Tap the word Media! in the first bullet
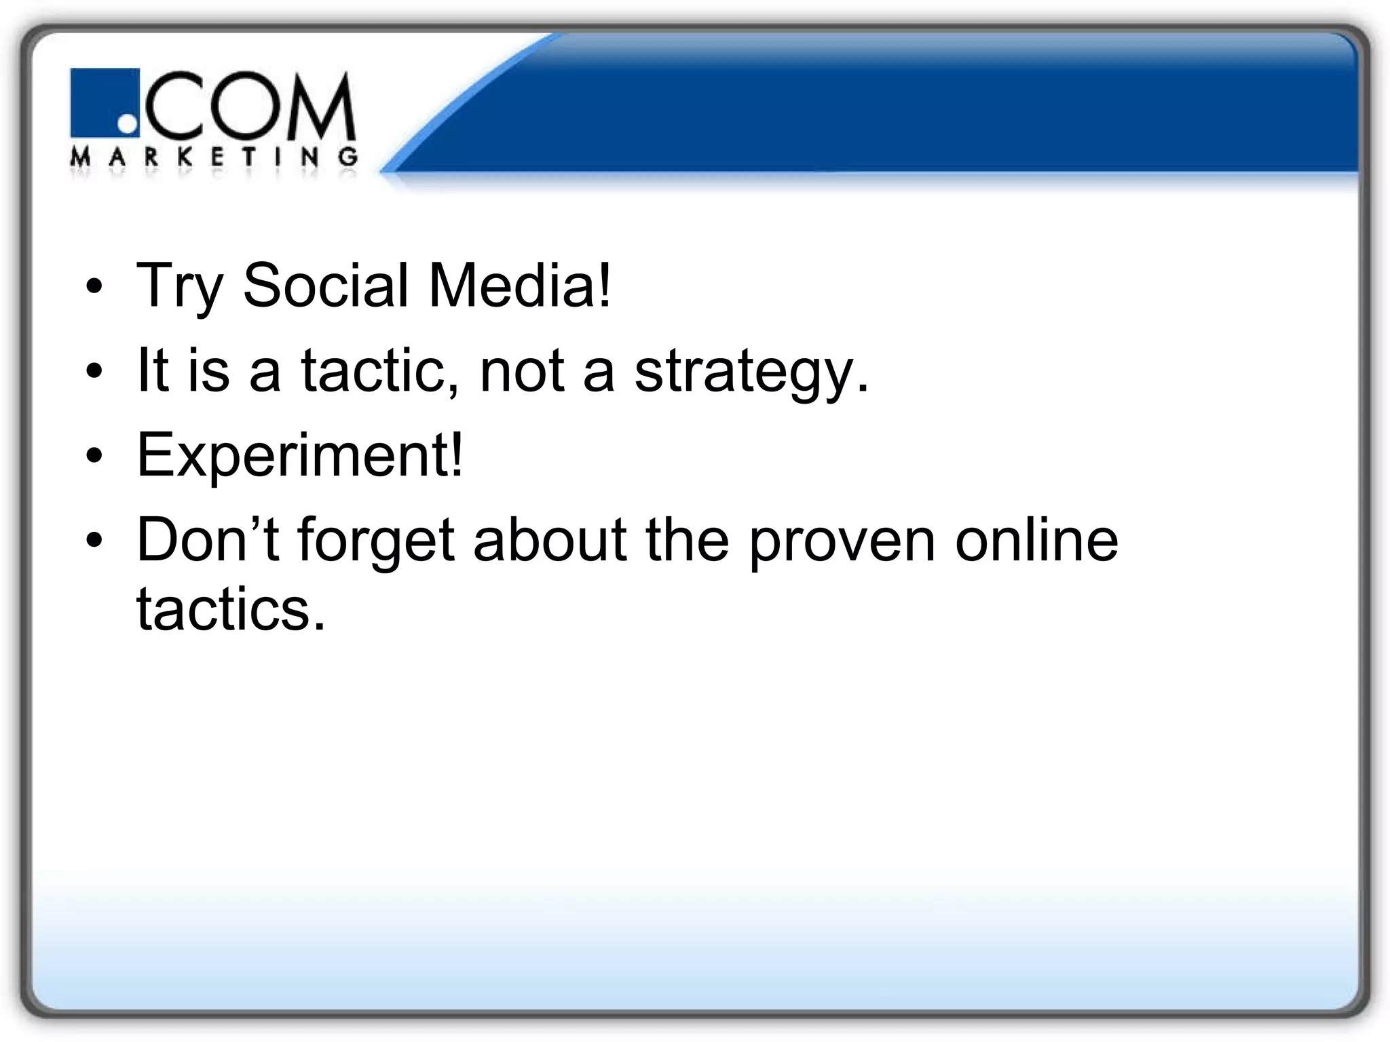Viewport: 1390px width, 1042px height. click(520, 285)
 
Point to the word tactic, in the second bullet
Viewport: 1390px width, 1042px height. click(380, 370)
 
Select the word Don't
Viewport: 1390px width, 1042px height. click(208, 540)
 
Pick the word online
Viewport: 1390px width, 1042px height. click(1036, 540)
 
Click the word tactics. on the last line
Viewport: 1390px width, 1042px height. click(231, 609)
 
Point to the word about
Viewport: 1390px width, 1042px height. click(550, 540)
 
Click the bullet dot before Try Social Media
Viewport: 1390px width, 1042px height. click(94, 287)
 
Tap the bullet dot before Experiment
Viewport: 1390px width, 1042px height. click(94, 457)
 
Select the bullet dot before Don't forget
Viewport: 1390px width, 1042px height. click(94, 541)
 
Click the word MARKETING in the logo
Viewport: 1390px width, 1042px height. click(214, 157)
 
